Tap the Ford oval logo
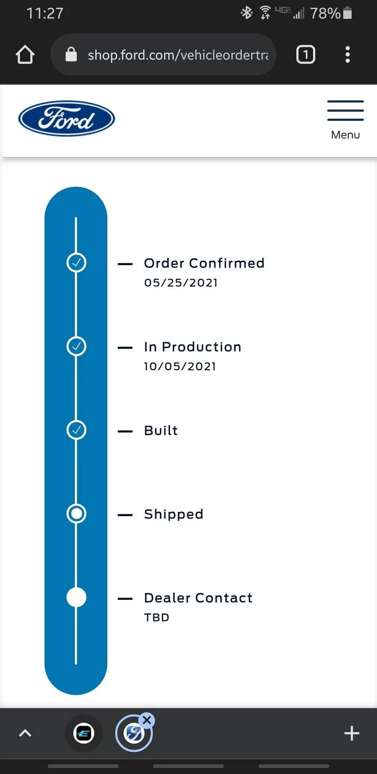pos(67,119)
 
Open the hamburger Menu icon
pos(346,111)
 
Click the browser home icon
pos(25,55)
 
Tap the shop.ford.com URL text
pos(178,55)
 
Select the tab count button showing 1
pos(305,55)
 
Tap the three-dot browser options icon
pos(347,55)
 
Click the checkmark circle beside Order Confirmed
pos(76,263)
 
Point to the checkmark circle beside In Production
pos(76,346)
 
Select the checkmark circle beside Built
pos(76,430)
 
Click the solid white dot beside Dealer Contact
pos(76,597)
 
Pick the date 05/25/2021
pos(181,283)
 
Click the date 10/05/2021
pos(180,366)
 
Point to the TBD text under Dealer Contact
pos(156,617)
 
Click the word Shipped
pos(173,514)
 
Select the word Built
pos(161,431)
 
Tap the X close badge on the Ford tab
pos(147,720)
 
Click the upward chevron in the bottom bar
pos(25,733)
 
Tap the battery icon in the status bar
pos(347,13)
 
